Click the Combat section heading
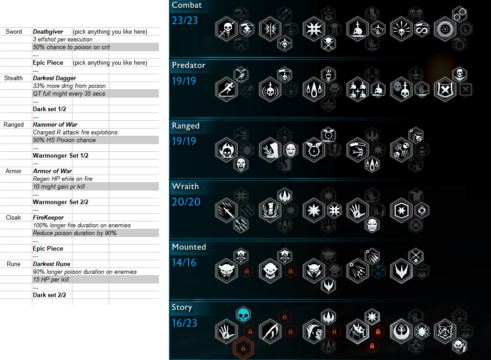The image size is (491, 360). pyautogui.click(x=187, y=5)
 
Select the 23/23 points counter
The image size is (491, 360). pyautogui.click(x=184, y=20)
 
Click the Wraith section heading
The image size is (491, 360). pyautogui.click(x=185, y=186)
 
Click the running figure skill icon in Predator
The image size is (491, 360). pyautogui.click(x=226, y=89)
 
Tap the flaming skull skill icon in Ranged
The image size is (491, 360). pyautogui.click(x=226, y=150)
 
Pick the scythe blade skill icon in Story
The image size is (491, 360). pyautogui.click(x=270, y=331)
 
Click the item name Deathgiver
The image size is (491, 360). pyautogui.click(x=48, y=32)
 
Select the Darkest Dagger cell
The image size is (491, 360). pyautogui.click(x=54, y=78)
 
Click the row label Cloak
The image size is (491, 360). pyautogui.click(x=14, y=218)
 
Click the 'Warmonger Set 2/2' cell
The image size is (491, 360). pyautogui.click(x=61, y=202)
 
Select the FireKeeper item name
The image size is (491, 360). pyautogui.click(x=48, y=218)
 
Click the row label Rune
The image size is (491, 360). pyautogui.click(x=14, y=264)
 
